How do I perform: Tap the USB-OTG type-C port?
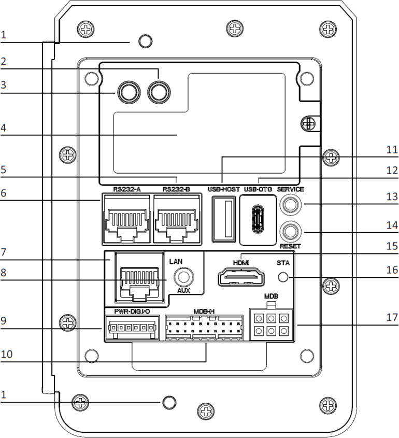[x=258, y=220]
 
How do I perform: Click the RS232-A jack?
[x=126, y=219]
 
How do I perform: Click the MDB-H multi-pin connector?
[x=205, y=328]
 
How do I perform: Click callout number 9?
[x=4, y=320]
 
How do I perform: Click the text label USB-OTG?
[x=258, y=190]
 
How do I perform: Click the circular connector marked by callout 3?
[x=127, y=93]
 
